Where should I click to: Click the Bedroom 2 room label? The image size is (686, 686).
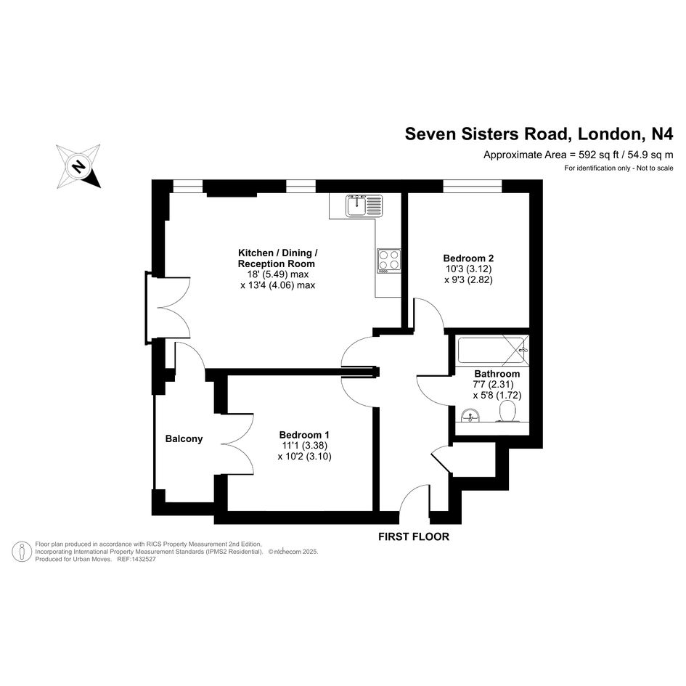[468, 258]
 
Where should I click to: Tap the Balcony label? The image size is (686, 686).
[184, 438]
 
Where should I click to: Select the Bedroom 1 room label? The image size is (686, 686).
[304, 435]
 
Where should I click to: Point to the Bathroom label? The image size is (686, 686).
[497, 374]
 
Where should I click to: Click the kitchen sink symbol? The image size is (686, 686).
[364, 205]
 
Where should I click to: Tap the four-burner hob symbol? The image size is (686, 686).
[388, 261]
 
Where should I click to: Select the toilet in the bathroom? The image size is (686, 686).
[507, 412]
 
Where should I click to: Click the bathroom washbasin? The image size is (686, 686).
[470, 415]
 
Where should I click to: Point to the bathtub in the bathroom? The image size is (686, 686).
[492, 351]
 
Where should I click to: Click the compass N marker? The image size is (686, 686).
[78, 166]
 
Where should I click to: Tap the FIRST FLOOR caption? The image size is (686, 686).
[414, 536]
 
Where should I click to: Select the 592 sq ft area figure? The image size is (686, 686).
[600, 155]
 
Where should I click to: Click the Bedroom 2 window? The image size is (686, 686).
[472, 186]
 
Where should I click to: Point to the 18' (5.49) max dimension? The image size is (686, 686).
[278, 274]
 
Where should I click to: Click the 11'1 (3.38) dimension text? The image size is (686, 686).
[304, 446]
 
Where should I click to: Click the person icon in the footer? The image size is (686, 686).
[22, 552]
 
